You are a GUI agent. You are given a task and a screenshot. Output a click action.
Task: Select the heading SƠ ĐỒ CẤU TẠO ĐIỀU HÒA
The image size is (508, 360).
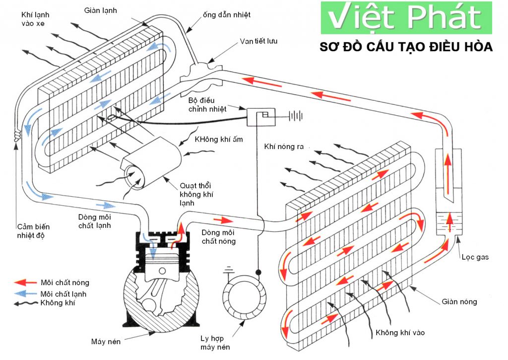pyautogui.click(x=406, y=47)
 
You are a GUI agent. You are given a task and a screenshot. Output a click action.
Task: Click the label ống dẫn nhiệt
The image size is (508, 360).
pyautogui.click(x=227, y=15)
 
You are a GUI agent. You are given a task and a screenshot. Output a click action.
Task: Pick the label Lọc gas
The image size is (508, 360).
pyautogui.click(x=475, y=257)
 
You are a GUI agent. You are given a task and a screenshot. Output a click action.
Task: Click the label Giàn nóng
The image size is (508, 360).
pyautogui.click(x=459, y=302)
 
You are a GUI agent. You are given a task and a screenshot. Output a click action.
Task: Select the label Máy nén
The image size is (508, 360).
pyautogui.click(x=106, y=341)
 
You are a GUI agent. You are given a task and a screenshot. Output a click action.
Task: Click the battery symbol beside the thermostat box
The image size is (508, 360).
pyautogui.click(x=296, y=116)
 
